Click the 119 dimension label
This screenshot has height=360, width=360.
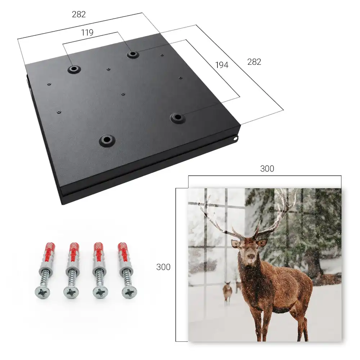point(87,33)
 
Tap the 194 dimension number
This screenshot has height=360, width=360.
point(222,65)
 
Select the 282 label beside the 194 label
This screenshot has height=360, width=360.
point(254,62)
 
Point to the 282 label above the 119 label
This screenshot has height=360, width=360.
point(79,14)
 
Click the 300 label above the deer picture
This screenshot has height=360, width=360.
point(267,169)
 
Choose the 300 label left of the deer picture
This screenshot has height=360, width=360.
point(163,267)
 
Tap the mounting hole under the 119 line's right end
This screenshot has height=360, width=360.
point(132,54)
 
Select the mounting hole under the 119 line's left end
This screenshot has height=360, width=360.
point(74,69)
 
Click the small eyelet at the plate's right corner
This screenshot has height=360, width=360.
point(235,138)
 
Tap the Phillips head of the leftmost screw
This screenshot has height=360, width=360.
point(42,292)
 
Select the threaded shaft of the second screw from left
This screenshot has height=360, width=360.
point(72,278)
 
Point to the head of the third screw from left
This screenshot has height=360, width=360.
point(100,292)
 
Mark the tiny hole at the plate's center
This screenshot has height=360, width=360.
point(123,94)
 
